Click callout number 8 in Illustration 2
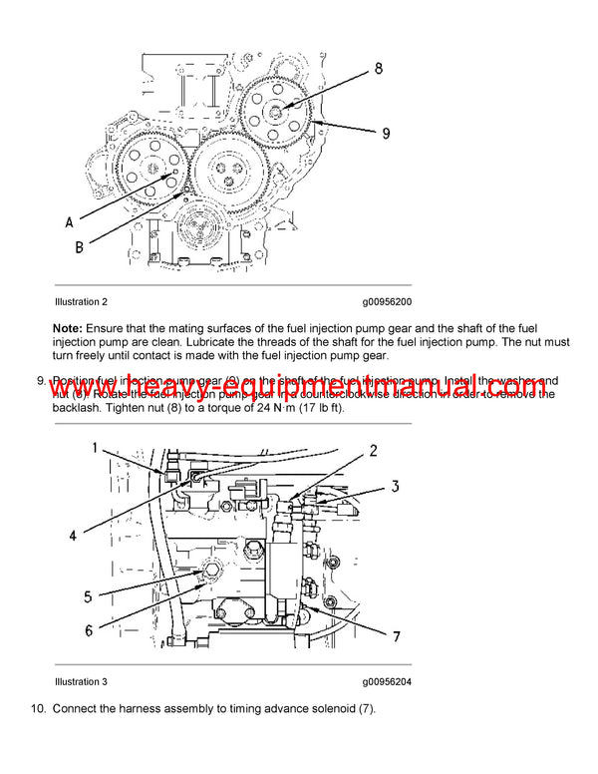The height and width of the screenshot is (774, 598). pyautogui.click(x=379, y=69)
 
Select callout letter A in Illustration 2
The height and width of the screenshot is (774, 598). pyautogui.click(x=69, y=221)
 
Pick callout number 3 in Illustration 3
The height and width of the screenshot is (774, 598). pyautogui.click(x=394, y=487)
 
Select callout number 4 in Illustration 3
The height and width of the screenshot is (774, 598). pyautogui.click(x=72, y=535)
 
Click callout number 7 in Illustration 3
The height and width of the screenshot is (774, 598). pyautogui.click(x=395, y=635)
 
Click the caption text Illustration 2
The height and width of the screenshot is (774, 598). pyautogui.click(x=81, y=301)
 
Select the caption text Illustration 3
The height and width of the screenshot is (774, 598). pyautogui.click(x=81, y=682)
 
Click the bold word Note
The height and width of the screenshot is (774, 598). pyautogui.click(x=69, y=328)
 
